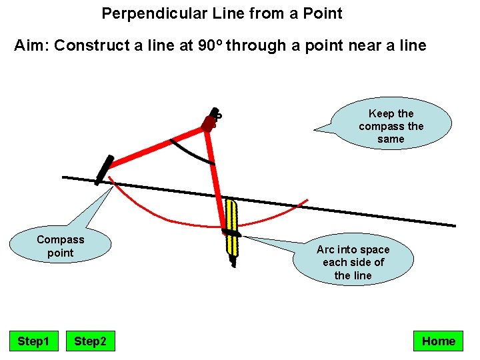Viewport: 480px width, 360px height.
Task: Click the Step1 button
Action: click(33, 341)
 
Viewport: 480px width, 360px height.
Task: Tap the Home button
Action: click(438, 341)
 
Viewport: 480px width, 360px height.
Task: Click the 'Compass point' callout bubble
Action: click(60, 246)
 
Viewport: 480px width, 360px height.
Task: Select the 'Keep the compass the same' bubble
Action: click(391, 126)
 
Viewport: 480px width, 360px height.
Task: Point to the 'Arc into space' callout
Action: click(353, 262)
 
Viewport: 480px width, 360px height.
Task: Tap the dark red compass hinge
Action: click(209, 123)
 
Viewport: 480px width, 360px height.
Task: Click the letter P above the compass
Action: click(218, 115)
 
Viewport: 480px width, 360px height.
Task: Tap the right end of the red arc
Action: click(307, 199)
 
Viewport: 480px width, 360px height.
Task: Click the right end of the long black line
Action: click(454, 225)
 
